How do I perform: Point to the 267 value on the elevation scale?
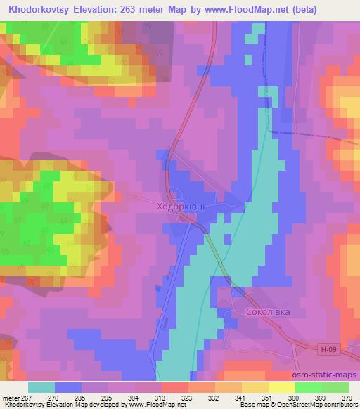[x=25, y=398]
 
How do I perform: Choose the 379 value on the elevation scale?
[x=349, y=398]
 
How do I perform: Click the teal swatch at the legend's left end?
[x=41, y=387]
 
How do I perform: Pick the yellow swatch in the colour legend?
[x=281, y=387]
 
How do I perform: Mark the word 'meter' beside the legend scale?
[x=9, y=398]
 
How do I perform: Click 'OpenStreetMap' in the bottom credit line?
[x=309, y=405]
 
